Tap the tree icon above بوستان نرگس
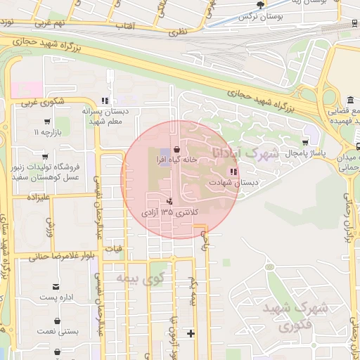point(262,4)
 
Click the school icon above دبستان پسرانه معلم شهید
point(105,101)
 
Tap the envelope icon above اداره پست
point(56,286)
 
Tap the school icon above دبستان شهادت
point(233,172)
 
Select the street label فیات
point(112,248)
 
